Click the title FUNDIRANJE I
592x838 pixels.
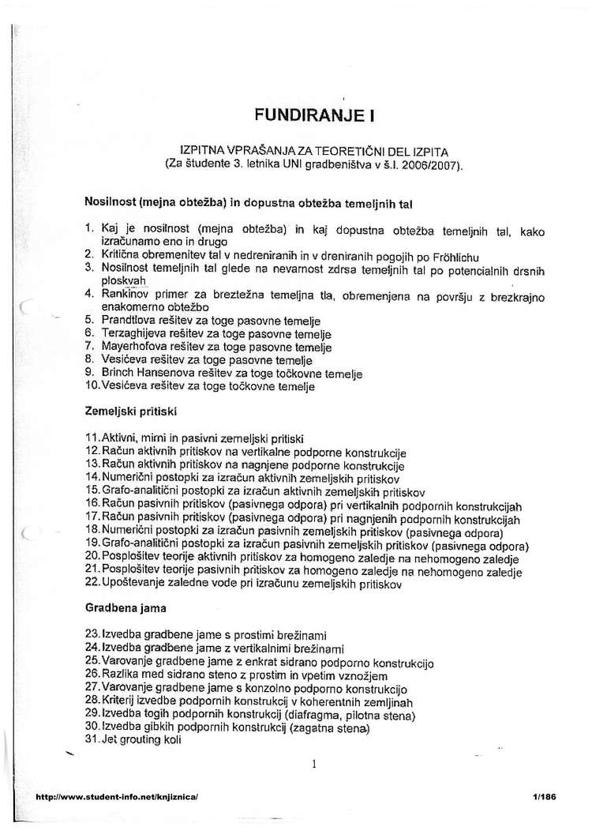(x=313, y=115)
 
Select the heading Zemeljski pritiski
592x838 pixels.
(x=129, y=411)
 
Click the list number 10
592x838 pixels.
(x=91, y=387)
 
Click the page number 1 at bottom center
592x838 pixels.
(x=314, y=764)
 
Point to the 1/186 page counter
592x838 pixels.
(x=545, y=798)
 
